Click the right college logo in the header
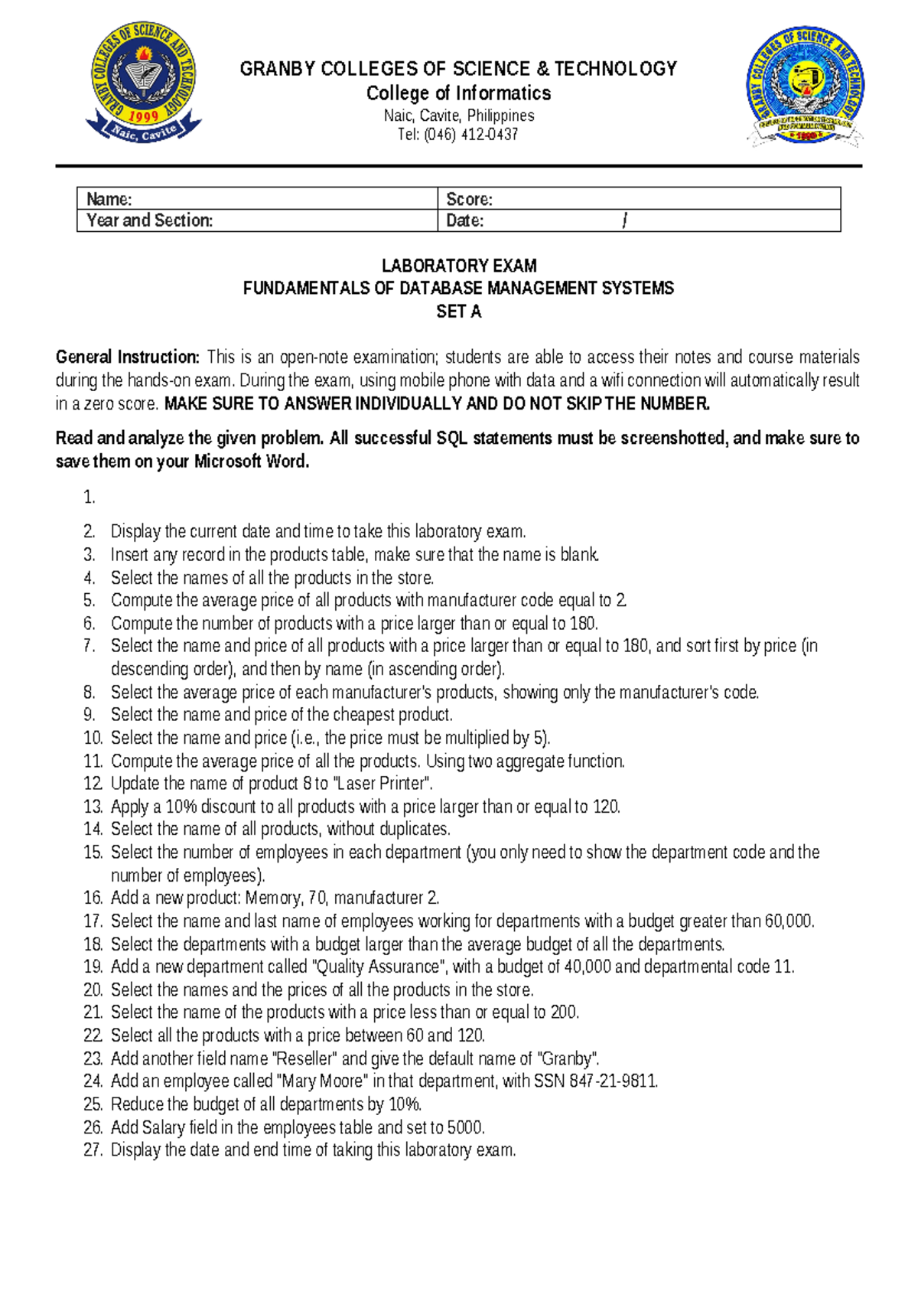tap(805, 86)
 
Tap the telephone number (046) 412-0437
tap(470, 135)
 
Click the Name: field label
tap(109, 200)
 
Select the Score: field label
tap(469, 200)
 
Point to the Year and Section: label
tap(150, 221)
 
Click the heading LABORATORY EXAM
tap(459, 266)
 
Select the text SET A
tap(459, 312)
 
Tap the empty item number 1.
tap(90, 498)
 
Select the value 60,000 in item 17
tap(789, 921)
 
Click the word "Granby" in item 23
tap(567, 1059)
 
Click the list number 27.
tap(93, 1150)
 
